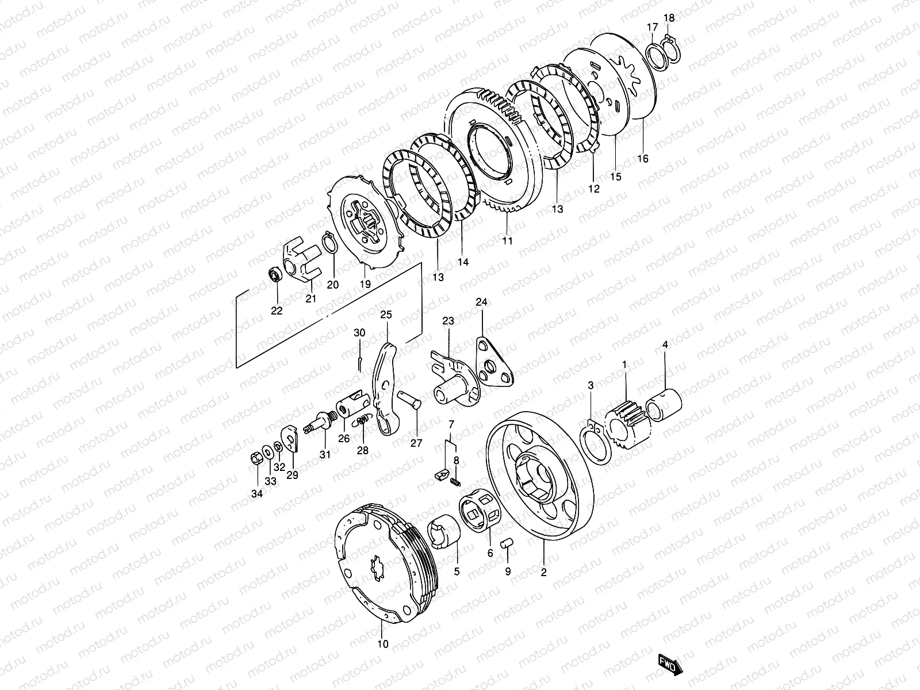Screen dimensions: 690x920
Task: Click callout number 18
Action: [668, 18]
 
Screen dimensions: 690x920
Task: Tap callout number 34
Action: [256, 493]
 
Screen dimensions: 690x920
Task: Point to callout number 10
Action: [383, 643]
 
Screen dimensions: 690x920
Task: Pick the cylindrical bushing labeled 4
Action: [665, 401]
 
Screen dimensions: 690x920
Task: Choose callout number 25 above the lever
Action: [385, 315]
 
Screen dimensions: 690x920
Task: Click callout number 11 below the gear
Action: [507, 241]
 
